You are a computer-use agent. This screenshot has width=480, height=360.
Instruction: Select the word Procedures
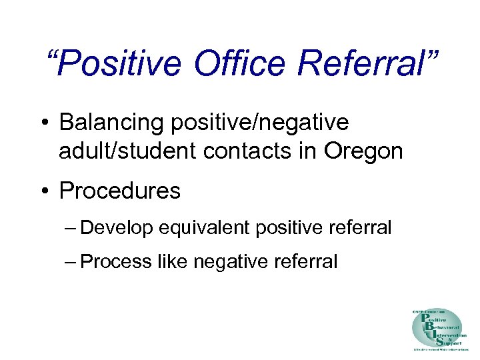pos(120,191)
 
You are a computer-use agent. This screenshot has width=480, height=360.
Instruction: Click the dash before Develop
pos(72,228)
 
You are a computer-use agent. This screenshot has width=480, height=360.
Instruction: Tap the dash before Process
pos(72,262)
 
